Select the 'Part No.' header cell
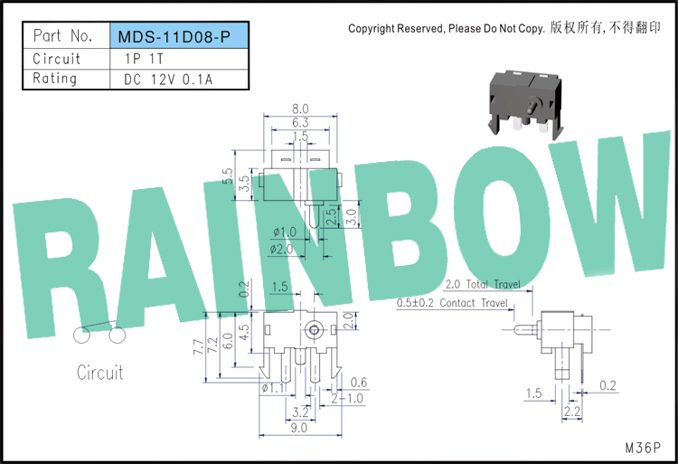click(x=62, y=37)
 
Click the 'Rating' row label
click(x=55, y=79)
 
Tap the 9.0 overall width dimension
click(x=299, y=429)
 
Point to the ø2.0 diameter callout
click(x=281, y=249)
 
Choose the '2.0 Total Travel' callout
click(x=483, y=284)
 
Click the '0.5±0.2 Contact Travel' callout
click(x=452, y=303)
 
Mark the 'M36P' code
click(x=644, y=447)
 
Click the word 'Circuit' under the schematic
click(x=99, y=373)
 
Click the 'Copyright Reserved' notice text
click(x=446, y=29)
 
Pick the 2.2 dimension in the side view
click(x=571, y=412)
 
